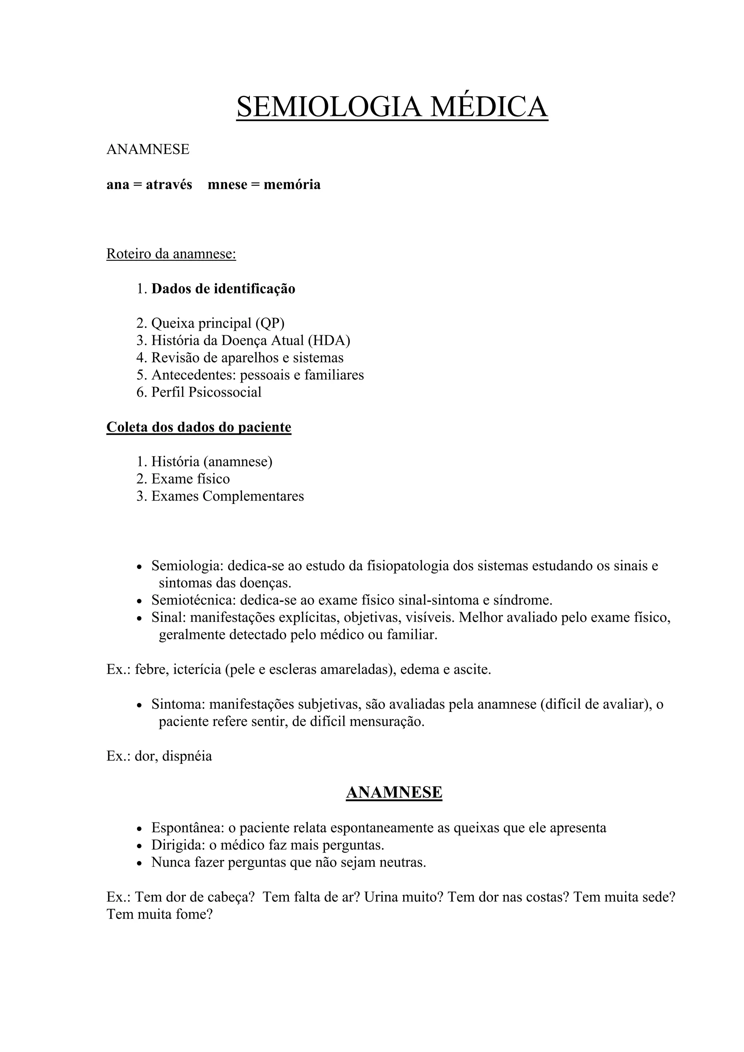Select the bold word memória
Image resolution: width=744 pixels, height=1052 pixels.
tap(292, 185)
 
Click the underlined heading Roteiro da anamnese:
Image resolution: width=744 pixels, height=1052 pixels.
tap(171, 254)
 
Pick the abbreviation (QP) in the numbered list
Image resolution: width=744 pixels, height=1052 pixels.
tap(270, 323)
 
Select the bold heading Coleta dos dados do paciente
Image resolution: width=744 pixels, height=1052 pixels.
tap(198, 427)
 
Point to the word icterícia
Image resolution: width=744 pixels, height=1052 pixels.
tap(197, 669)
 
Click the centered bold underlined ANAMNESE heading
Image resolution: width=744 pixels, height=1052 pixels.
tap(394, 792)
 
